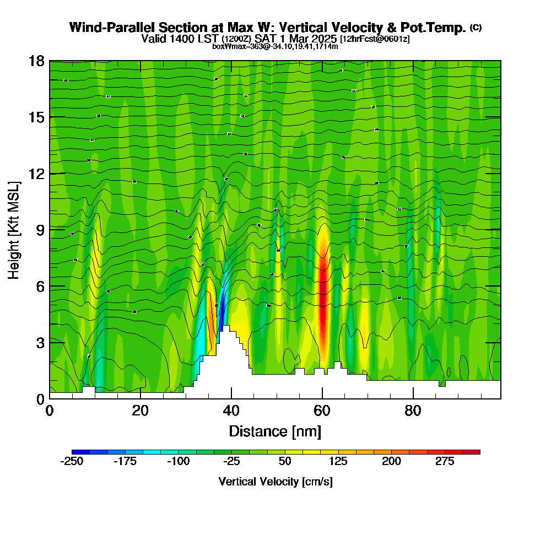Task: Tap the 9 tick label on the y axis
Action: click(39, 229)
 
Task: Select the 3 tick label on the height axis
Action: click(39, 343)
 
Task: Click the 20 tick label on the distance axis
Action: click(141, 411)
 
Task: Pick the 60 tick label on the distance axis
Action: click(322, 411)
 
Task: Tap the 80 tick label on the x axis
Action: click(413, 411)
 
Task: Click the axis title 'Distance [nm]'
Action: click(275, 431)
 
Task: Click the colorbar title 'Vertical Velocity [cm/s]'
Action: click(275, 482)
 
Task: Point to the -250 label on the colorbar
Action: click(72, 462)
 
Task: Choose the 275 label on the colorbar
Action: click(445, 462)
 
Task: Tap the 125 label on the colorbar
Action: click(338, 462)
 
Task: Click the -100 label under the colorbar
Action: click(179, 462)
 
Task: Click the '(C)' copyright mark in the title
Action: click(476, 27)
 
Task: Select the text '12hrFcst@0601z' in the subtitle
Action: click(375, 39)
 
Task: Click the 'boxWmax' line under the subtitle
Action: click(275, 46)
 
